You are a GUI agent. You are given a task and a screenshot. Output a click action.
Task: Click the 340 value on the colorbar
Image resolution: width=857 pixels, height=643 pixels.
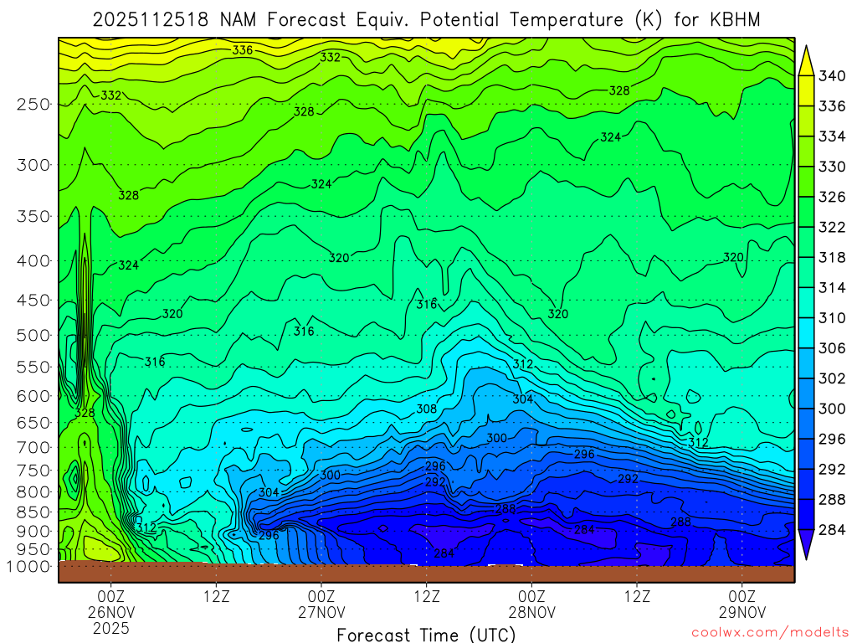coord(832,76)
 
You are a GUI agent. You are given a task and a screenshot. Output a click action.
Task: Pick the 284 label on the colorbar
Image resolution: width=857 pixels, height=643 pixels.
coord(832,529)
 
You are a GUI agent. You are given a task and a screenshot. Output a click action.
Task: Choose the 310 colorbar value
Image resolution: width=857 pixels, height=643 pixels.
coord(832,318)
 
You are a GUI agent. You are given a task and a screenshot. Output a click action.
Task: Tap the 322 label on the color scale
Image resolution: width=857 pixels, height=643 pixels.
coord(832,227)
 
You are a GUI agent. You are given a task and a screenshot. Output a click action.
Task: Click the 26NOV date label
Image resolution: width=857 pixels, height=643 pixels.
coord(111,611)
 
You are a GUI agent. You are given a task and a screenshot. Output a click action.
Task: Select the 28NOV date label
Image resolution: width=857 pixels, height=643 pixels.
coord(532,611)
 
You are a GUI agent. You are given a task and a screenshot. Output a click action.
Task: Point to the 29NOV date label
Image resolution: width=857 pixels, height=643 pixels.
coord(742,611)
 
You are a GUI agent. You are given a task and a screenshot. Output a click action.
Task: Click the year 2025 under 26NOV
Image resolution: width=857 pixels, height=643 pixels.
coord(111,628)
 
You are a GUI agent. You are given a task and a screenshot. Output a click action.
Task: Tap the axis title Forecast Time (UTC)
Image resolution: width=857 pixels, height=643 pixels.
coord(426,635)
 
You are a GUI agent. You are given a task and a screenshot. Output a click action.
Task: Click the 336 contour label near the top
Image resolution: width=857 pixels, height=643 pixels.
coord(243,50)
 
